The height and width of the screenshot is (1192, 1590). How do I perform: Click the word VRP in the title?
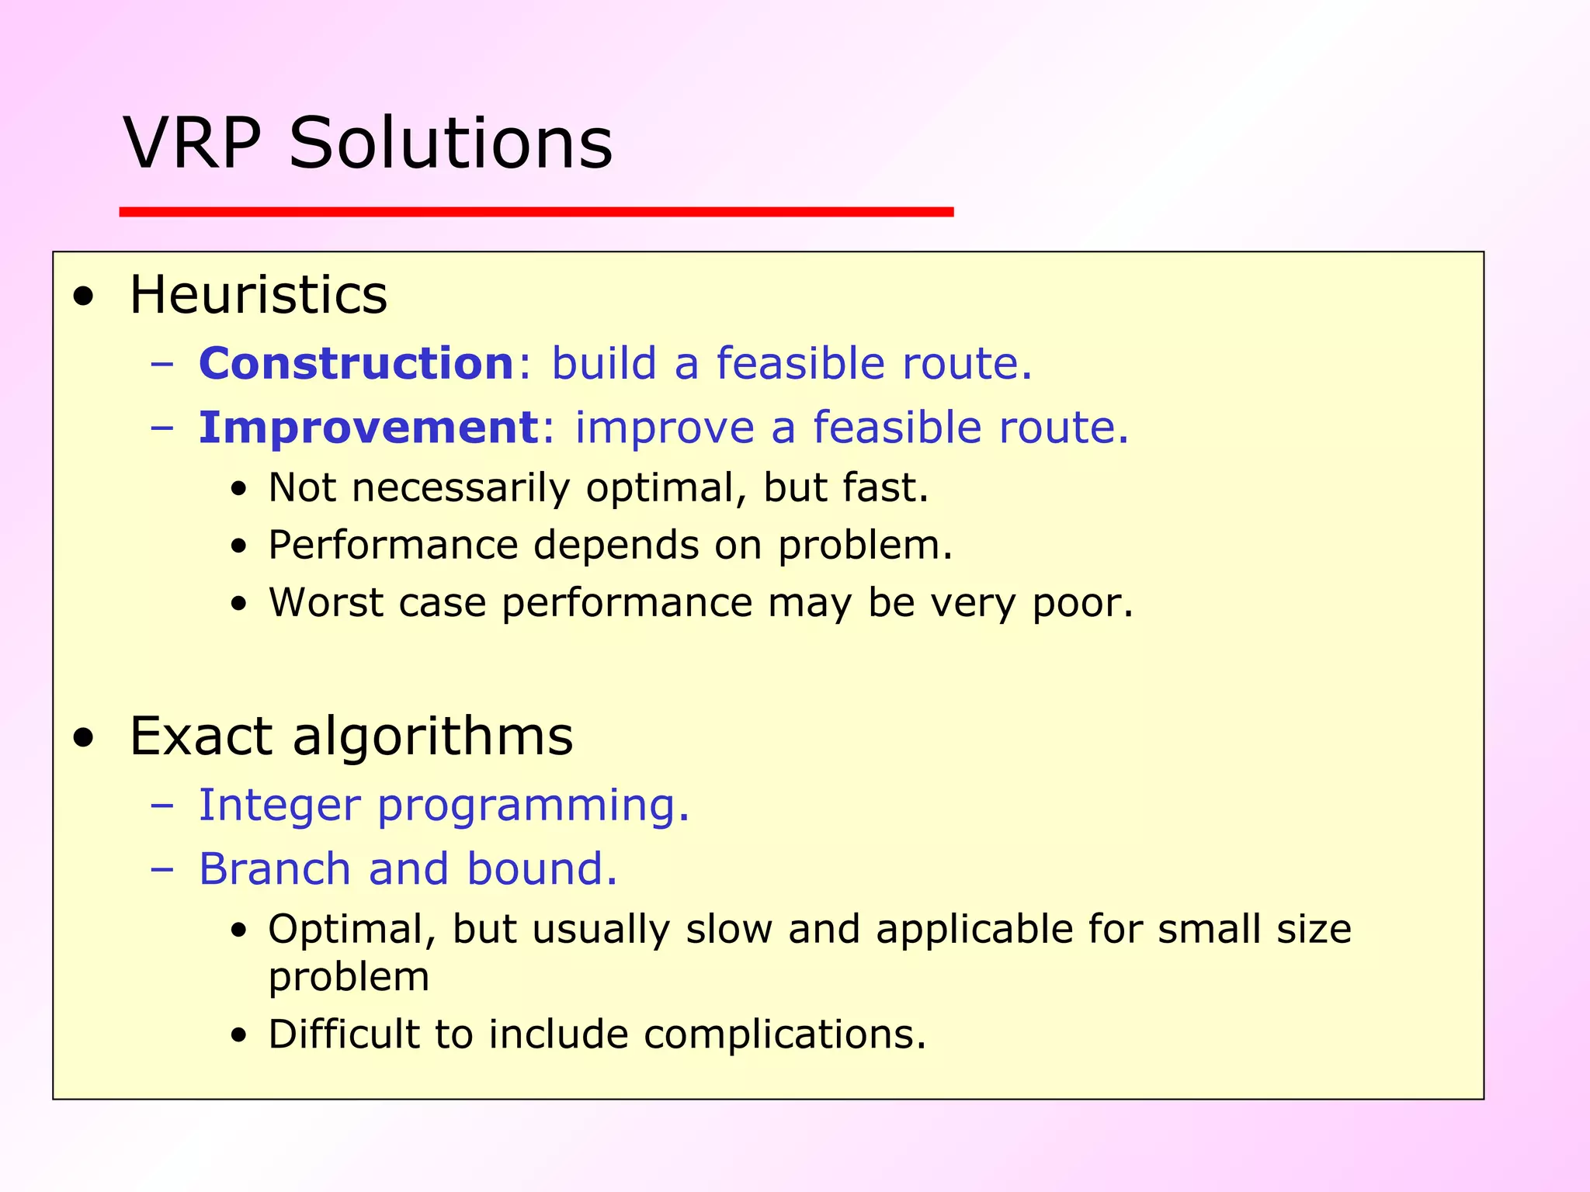click(193, 144)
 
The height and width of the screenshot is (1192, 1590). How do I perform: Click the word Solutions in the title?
click(450, 144)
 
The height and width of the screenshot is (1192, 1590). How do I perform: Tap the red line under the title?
click(536, 212)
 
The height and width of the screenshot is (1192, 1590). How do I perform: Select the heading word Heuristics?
click(258, 296)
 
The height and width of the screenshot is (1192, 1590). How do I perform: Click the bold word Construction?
click(356, 363)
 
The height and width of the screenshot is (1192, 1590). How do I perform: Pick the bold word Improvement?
click(369, 428)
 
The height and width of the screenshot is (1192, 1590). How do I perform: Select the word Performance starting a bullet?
click(393, 546)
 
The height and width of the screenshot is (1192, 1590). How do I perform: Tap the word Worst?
click(326, 603)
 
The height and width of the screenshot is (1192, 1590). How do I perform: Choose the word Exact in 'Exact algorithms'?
click(201, 736)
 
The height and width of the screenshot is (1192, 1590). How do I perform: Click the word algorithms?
click(432, 737)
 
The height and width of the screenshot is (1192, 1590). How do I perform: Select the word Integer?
click(279, 805)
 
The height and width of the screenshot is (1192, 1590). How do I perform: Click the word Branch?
click(275, 868)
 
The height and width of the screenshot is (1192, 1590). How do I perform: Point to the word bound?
click(541, 868)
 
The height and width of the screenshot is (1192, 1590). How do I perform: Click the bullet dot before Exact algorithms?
click(83, 738)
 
